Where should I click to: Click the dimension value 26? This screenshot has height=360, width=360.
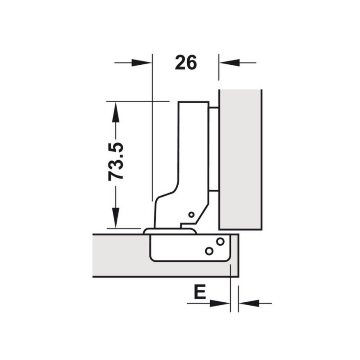[186, 63]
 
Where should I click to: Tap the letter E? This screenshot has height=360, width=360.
[200, 292]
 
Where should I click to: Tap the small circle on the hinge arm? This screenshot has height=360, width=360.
[191, 214]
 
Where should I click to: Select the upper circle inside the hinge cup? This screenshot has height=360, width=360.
[220, 242]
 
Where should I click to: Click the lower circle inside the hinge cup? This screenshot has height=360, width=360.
[209, 251]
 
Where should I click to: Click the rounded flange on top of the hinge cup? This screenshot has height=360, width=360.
[169, 231]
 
